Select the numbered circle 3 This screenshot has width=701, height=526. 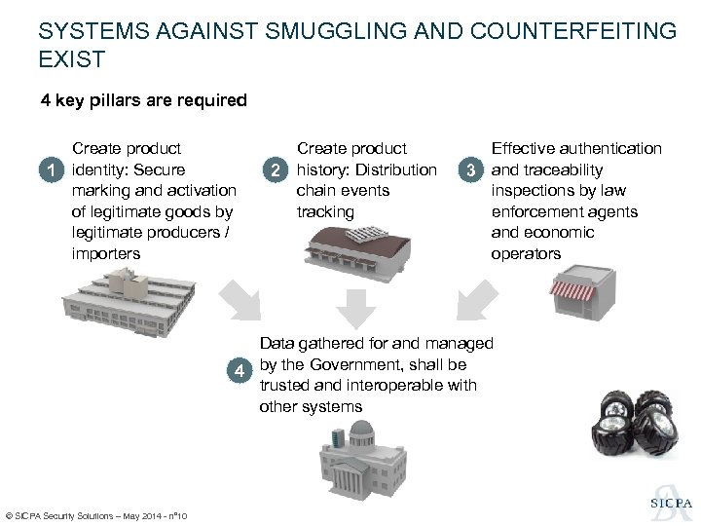click(x=471, y=170)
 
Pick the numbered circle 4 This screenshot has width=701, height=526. click(x=240, y=369)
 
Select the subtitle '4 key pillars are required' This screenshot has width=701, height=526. click(x=143, y=100)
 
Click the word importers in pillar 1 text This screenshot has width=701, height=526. click(x=106, y=253)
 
